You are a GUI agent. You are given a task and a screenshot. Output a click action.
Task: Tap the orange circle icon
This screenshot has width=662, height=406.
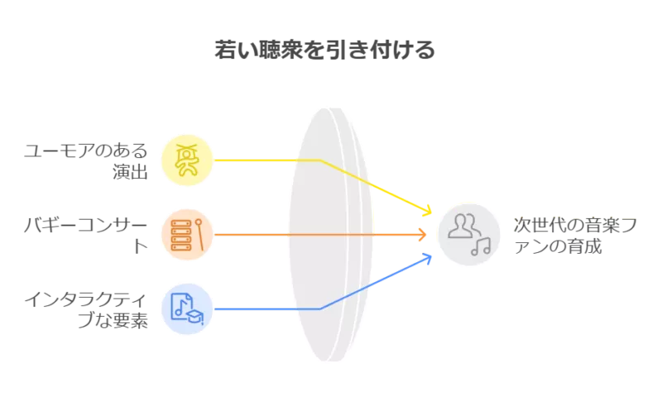coord(187,234)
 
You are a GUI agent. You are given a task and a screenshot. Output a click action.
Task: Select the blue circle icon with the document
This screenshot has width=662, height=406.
coord(187,308)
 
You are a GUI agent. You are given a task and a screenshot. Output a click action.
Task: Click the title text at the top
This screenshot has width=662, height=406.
coord(328,51)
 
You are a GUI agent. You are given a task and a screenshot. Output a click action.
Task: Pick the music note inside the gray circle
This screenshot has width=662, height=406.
coord(480,246)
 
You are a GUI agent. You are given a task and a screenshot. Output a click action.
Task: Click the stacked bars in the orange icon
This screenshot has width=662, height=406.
coord(180,234)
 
